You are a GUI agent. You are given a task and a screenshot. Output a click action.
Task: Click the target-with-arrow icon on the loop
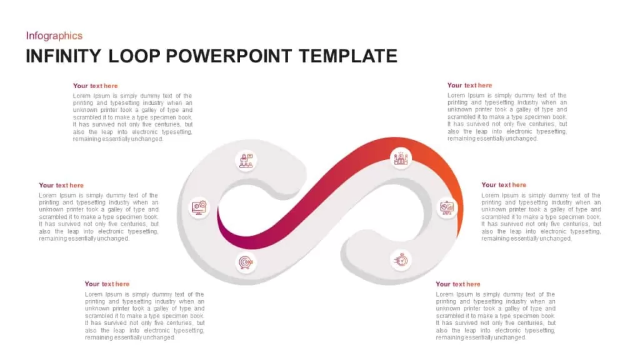pyautogui.click(x=246, y=262)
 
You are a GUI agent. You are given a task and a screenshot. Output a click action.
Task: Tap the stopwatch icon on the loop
pyautogui.click(x=401, y=259)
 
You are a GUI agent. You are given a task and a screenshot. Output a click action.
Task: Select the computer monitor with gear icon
pyautogui.click(x=199, y=207)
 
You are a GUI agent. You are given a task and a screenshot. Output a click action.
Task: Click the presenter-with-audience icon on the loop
pyautogui.click(x=246, y=161)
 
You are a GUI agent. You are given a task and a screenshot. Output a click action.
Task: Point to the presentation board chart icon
pyautogui.click(x=447, y=207)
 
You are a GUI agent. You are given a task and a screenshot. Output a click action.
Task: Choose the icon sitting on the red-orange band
pyautogui.click(x=401, y=158)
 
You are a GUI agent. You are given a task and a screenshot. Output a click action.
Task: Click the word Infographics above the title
pyautogui.click(x=54, y=36)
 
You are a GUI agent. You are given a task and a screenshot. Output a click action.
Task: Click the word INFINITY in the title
pyautogui.click(x=63, y=56)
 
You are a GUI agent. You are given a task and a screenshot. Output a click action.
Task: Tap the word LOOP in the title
pyautogui.click(x=134, y=56)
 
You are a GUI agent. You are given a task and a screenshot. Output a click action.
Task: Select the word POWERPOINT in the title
pyautogui.click(x=229, y=56)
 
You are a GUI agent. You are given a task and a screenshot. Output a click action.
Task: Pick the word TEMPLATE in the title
pyautogui.click(x=347, y=56)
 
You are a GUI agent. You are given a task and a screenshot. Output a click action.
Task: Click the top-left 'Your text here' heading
pyautogui.click(x=95, y=86)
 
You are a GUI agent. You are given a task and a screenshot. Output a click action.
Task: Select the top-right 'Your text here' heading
pyautogui.click(x=469, y=85)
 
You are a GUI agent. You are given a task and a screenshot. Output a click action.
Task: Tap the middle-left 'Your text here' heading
pyautogui.click(x=61, y=185)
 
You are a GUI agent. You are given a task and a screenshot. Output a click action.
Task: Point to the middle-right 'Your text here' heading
pyautogui.click(x=504, y=185)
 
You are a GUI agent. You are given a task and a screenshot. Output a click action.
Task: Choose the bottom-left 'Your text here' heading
pyautogui.click(x=107, y=284)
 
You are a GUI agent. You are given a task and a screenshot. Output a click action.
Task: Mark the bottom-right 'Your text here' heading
pyautogui.click(x=458, y=284)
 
